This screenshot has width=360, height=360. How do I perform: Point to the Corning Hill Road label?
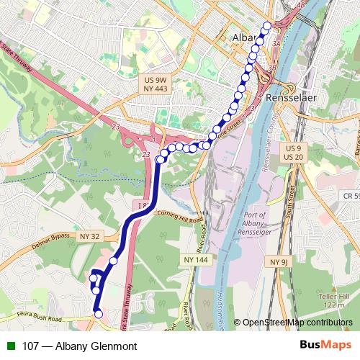tap(171, 214)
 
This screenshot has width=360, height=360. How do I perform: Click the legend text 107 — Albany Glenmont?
tap(71, 346)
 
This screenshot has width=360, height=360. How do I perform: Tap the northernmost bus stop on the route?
tap(268, 26)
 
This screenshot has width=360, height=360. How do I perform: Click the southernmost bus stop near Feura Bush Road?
tap(99, 314)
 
